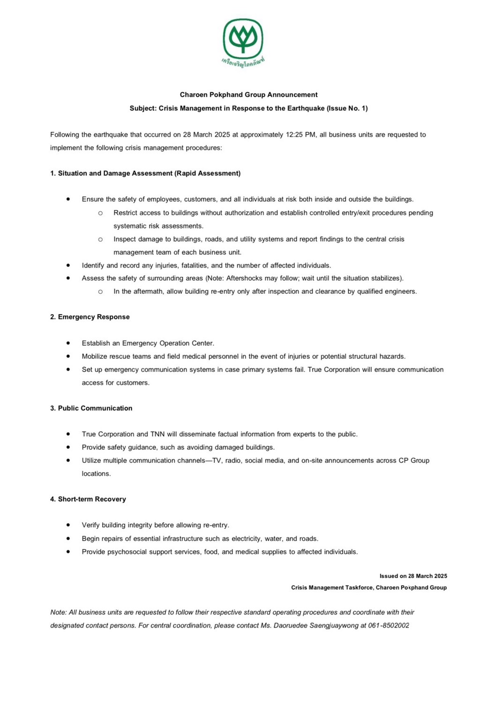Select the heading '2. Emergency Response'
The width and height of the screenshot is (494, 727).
tap(90, 317)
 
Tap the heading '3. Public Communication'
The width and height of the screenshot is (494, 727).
tap(91, 408)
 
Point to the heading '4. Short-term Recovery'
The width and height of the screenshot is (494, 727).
tap(88, 499)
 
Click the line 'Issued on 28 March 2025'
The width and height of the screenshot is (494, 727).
tap(413, 576)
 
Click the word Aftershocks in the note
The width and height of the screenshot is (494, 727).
tap(244, 278)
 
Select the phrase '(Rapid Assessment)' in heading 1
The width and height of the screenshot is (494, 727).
tap(208, 173)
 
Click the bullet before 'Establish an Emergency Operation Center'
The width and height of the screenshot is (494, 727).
tap(68, 343)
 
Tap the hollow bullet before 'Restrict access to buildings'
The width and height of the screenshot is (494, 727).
tap(100, 213)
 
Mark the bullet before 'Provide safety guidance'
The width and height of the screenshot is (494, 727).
tap(68, 447)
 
